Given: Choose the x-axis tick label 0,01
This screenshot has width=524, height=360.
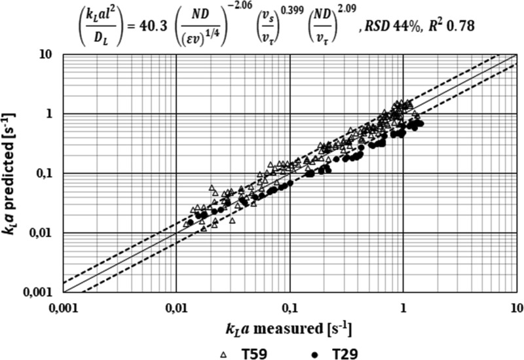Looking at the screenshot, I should (176, 305).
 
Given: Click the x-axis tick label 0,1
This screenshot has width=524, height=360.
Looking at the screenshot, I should (290, 305).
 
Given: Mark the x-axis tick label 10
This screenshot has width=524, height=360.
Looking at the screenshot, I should (515, 305).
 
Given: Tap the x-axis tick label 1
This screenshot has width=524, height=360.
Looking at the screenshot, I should (403, 305).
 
